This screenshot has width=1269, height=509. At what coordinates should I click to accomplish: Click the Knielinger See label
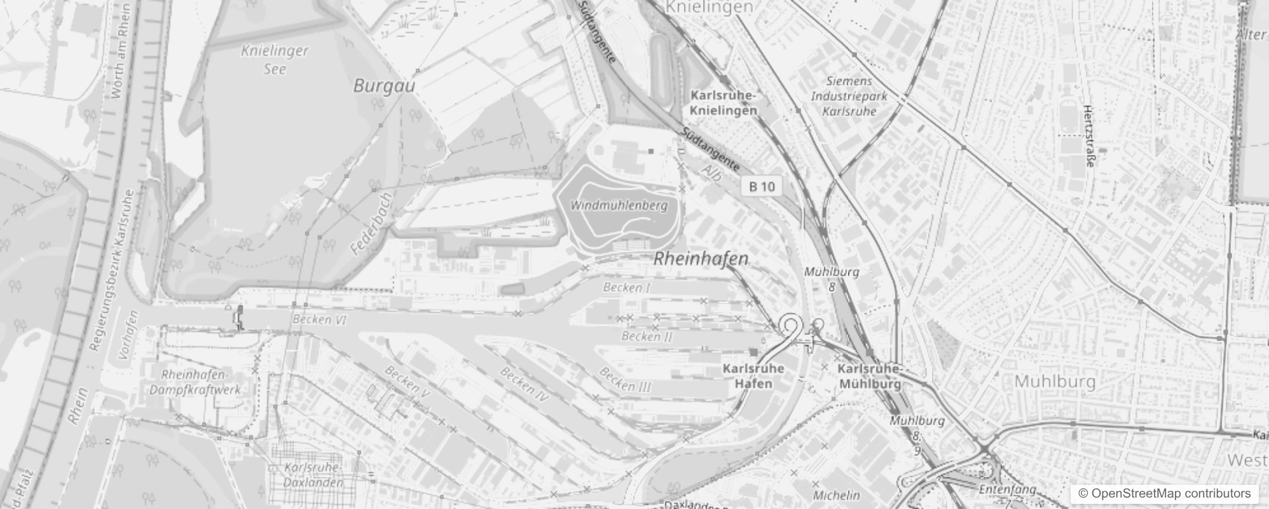(275, 60)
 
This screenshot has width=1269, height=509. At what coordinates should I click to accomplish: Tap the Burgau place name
(384, 86)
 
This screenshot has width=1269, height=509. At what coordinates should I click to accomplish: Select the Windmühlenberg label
(619, 206)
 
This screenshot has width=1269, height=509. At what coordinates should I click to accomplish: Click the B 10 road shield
(762, 186)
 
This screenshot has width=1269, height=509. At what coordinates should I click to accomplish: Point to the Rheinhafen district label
(701, 259)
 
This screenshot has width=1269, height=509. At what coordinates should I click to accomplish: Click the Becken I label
(627, 288)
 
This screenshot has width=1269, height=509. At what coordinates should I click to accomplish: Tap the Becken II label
(647, 335)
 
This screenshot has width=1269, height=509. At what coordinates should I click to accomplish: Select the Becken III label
(625, 380)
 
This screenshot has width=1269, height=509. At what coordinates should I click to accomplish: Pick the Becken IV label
(524, 384)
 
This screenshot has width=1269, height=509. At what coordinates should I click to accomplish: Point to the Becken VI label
(320, 319)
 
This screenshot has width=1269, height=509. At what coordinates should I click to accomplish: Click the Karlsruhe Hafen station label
(753, 376)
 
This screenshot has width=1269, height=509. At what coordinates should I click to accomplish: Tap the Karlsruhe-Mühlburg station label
(870, 377)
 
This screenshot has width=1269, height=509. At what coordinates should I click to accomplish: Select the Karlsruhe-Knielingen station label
(724, 103)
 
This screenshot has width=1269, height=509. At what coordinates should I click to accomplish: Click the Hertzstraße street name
(1088, 136)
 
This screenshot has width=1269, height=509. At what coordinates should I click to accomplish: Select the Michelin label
(836, 494)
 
